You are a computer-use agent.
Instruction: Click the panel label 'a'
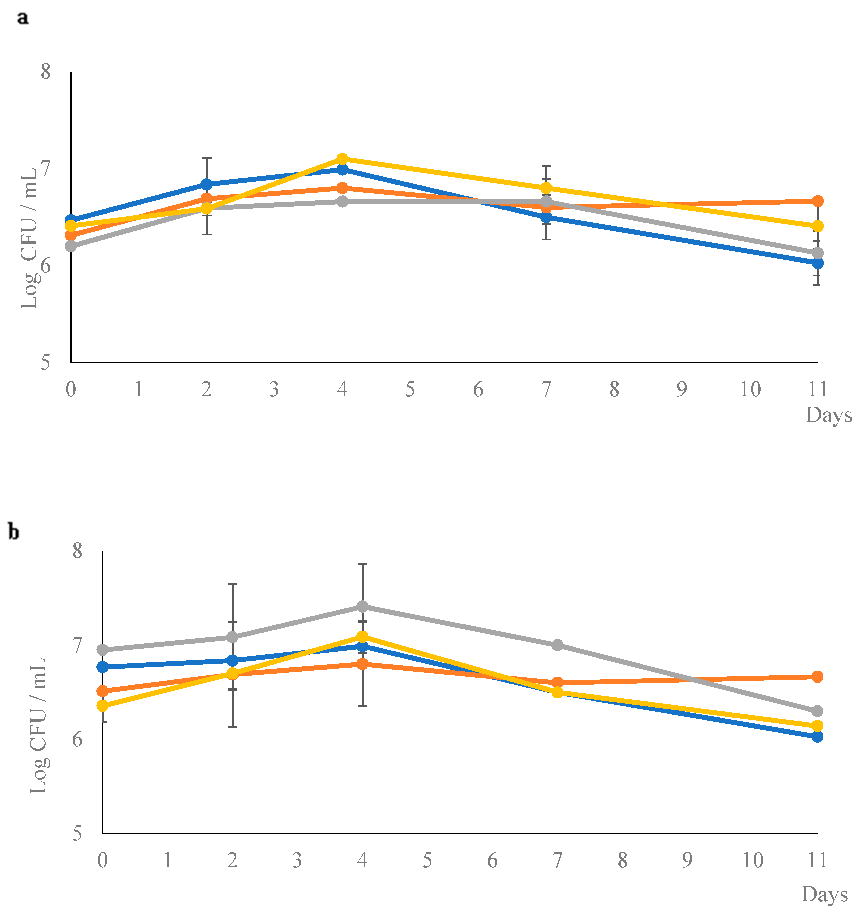tap(22, 18)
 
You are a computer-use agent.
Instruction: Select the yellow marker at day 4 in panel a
tap(342, 159)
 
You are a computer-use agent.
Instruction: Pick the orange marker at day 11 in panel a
tap(818, 201)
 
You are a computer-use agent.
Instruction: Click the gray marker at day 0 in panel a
tap(71, 246)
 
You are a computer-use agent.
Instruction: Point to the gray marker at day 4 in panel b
tap(362, 606)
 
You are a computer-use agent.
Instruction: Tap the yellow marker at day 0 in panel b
tap(103, 705)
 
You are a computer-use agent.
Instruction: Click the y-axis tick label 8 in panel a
tap(45, 72)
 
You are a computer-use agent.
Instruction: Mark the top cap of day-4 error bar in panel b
tap(362, 564)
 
